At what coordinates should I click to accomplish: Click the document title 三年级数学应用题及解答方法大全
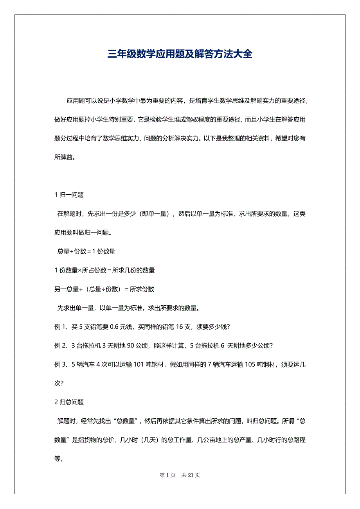(180, 54)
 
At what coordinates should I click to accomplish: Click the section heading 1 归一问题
(69, 195)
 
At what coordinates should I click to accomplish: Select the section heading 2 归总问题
(69, 402)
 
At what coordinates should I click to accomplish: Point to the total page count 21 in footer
(191, 475)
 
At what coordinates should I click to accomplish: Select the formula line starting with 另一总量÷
(104, 289)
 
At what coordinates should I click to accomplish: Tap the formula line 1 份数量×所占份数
(104, 270)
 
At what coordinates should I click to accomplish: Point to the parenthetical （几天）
(149, 440)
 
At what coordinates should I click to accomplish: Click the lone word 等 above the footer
(58, 459)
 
